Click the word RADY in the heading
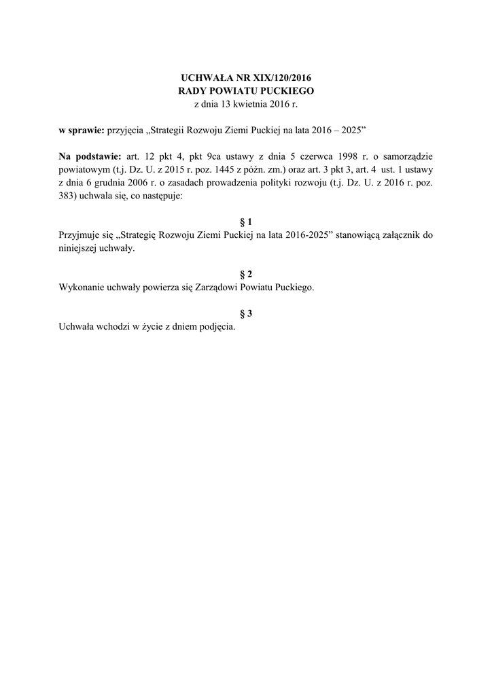pyautogui.click(x=195, y=91)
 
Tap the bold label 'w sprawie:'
pyautogui.click(x=82, y=129)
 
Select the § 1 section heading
pyautogui.click(x=246, y=222)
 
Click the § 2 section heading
pyautogui.click(x=246, y=274)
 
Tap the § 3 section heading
pyautogui.click(x=246, y=313)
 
